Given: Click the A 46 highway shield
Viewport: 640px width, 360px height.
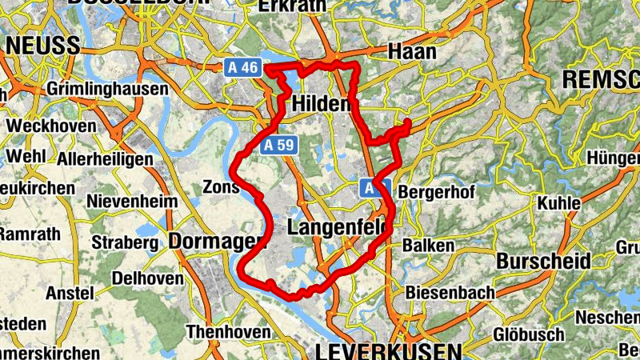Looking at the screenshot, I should pos(243,68).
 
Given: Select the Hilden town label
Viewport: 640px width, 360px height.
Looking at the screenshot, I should pos(322,105).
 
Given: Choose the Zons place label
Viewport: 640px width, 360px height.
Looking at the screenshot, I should pos(221,187).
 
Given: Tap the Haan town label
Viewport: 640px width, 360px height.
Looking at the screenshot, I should pos(411,52).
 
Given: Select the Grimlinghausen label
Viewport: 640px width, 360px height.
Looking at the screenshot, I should pos(108,89).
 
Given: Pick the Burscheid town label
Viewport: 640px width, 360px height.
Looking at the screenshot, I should pos(543,262).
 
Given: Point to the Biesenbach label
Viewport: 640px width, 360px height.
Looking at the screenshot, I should pos(450,294).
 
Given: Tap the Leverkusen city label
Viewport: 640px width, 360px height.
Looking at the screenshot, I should pos(389,351).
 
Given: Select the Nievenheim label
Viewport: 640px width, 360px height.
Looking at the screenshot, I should pos(133,202).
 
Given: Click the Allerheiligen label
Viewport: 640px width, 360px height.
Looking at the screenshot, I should pos(105,159).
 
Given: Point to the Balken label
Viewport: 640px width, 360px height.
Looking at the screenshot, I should pos(428,246).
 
